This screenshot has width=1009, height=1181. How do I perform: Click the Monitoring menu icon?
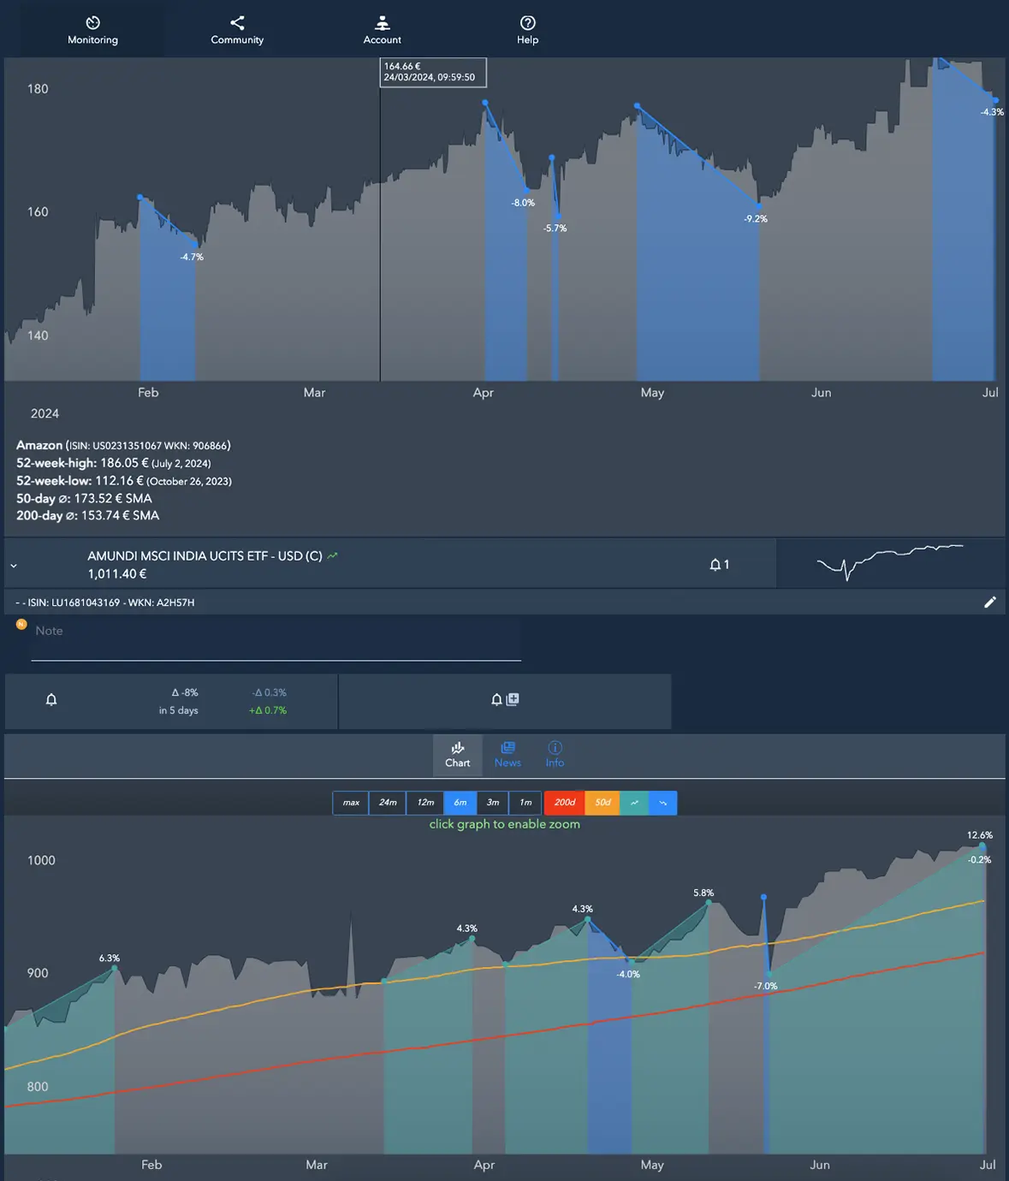pos(93,23)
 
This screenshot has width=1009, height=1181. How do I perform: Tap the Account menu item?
pos(382,30)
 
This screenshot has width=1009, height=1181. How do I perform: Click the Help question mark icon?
pos(528,23)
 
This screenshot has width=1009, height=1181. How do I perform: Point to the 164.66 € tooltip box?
pos(433,72)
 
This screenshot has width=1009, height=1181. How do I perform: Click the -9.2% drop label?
pos(756,219)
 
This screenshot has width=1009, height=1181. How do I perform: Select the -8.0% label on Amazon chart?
pos(523,203)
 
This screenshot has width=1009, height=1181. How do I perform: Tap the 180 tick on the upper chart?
pos(38,89)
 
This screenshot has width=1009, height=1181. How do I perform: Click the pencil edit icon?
pos(990,602)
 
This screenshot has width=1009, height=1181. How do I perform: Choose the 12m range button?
pos(425,803)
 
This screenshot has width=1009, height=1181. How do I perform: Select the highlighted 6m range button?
pos(460,803)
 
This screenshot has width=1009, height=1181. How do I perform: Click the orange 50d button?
pos(602,803)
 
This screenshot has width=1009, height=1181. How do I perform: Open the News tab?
pos(507,754)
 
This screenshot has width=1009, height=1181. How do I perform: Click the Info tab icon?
pos(555,748)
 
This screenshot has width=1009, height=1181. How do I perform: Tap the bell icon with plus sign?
pos(505,700)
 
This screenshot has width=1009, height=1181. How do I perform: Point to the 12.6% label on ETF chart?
pos(980,835)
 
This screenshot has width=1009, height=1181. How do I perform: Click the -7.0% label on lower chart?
pos(765,987)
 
